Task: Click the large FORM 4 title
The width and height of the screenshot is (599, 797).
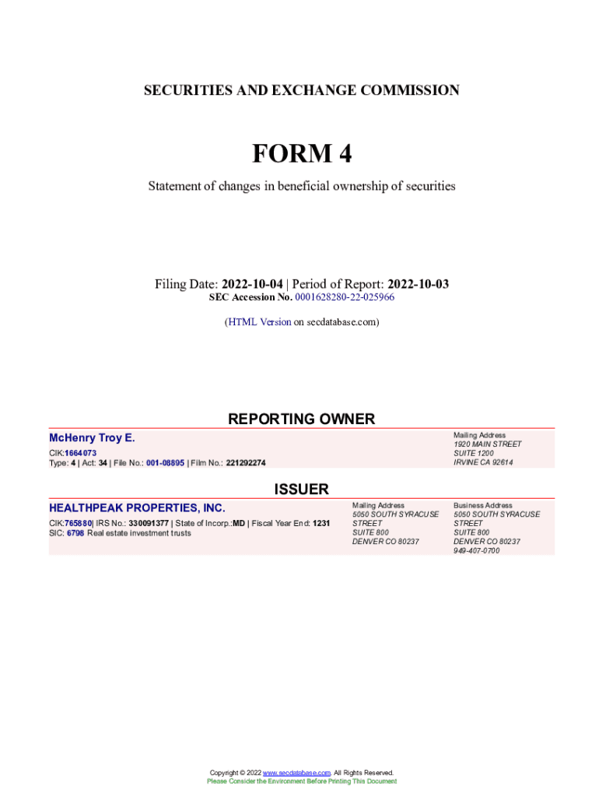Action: click(x=301, y=154)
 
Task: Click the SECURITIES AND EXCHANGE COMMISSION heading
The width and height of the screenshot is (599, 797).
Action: click(x=301, y=91)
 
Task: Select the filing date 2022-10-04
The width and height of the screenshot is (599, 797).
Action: click(x=252, y=284)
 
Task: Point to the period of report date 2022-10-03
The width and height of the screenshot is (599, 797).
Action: click(x=418, y=284)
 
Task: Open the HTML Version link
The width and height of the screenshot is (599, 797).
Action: click(x=259, y=321)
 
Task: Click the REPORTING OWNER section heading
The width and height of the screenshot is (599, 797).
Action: click(x=301, y=419)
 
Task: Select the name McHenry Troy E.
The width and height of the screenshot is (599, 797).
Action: click(x=92, y=438)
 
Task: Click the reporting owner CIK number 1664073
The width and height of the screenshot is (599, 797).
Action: click(x=80, y=453)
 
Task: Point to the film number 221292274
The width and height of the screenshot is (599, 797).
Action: click(x=246, y=463)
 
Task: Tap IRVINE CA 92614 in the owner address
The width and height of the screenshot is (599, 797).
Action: click(x=483, y=462)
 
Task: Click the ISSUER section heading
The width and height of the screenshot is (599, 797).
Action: click(x=301, y=489)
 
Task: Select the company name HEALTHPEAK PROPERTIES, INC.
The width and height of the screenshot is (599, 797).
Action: click(x=137, y=508)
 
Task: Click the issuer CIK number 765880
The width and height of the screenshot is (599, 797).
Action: click(x=78, y=524)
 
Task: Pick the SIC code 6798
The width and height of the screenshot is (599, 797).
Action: click(x=75, y=533)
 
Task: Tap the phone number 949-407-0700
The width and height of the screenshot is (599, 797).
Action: click(x=477, y=550)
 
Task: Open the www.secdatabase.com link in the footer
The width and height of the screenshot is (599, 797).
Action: click(x=297, y=772)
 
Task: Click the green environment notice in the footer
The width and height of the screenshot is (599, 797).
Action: click(x=301, y=781)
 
